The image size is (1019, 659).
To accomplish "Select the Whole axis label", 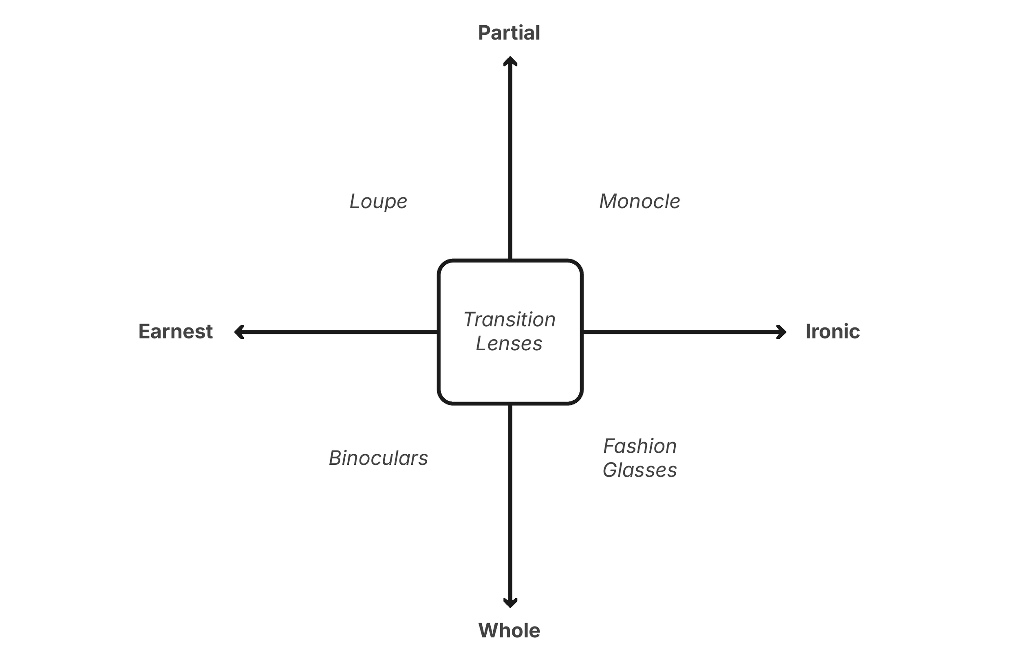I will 509,630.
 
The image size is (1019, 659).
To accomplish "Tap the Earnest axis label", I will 176,332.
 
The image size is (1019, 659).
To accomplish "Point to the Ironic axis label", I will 832,332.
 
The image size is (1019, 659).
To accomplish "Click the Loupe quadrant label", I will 378,202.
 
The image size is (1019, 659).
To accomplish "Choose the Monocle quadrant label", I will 639,202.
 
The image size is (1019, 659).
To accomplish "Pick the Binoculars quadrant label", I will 378,458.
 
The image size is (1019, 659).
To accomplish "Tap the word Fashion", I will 640,446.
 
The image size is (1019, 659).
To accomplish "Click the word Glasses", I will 640,470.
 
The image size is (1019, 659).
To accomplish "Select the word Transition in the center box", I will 509,320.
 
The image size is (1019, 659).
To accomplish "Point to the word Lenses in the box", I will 509,344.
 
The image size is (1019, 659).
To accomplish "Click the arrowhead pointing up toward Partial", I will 510,61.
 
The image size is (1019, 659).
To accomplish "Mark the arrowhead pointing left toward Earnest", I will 239,332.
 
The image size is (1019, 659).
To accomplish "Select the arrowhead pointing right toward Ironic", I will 782,332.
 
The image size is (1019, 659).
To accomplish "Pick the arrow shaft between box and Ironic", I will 681,332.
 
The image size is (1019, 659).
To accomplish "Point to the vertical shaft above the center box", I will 510,163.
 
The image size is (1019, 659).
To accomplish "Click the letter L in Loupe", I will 354,201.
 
